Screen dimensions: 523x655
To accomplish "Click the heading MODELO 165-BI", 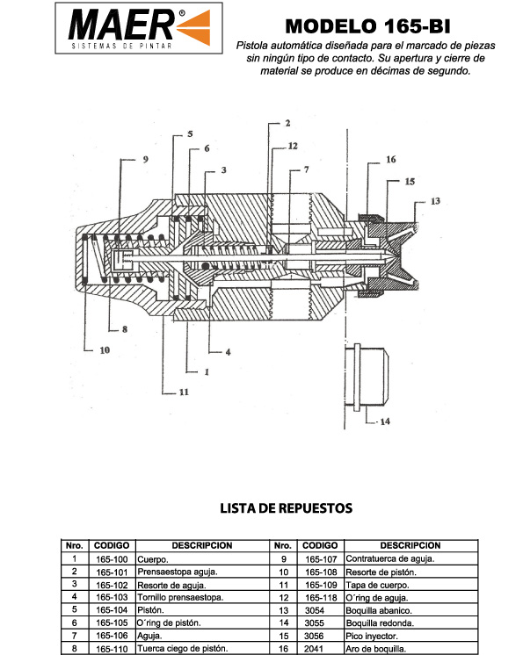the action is coord(368,26).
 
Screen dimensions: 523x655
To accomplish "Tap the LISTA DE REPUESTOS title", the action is coord(287,508).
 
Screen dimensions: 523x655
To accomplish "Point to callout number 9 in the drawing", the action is coord(146,159).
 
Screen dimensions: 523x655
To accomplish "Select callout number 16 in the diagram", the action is coord(391,159).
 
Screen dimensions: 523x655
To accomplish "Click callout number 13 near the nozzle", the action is coord(435,201).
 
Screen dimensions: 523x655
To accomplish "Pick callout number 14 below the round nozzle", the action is coord(385,421).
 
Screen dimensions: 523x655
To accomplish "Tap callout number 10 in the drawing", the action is coord(105,350).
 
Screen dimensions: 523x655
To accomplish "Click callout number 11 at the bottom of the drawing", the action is coord(184,392).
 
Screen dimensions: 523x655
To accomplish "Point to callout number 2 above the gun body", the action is coord(287,123).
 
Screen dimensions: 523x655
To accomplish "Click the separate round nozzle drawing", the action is coord(367,376).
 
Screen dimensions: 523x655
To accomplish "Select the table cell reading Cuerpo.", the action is coord(153,559).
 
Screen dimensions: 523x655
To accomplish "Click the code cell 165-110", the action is coord(112,649).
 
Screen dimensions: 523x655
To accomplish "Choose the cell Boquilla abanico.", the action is coord(379,610).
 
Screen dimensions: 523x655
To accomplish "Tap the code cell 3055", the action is coord(315,623).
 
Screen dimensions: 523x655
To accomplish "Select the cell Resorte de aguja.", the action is coord(171,585).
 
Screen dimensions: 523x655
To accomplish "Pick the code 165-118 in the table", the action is coord(321,597).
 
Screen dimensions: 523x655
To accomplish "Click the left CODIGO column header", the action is coord(112,545).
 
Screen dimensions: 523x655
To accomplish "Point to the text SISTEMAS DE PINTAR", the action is coord(121,46).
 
